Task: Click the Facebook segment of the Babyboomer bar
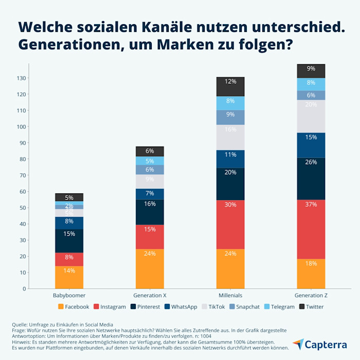pos(69,277)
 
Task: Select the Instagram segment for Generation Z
pos(311,229)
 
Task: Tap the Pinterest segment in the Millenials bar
pos(230,184)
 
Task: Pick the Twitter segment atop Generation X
pos(150,151)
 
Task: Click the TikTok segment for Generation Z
pos(311,116)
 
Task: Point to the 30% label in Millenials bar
pos(230,204)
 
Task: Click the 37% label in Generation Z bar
pos(311,204)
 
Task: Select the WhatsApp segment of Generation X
pos(150,193)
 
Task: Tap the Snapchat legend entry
pos(244,307)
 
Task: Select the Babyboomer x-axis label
pos(69,296)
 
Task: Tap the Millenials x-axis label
pos(230,296)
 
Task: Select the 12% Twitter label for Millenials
pos(230,81)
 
